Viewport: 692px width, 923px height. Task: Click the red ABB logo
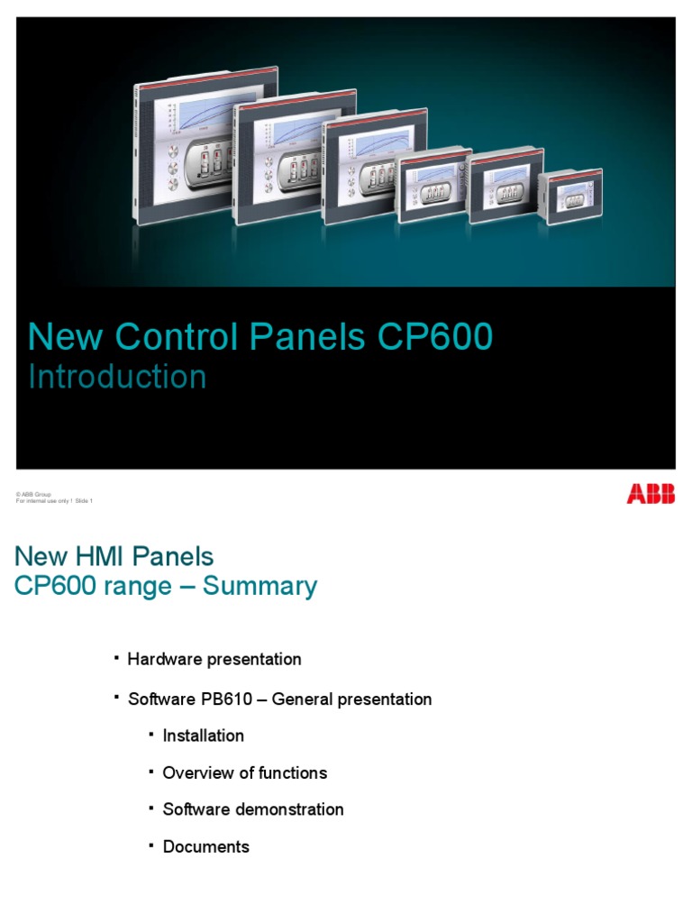(x=651, y=494)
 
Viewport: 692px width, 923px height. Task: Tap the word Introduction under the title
(x=117, y=377)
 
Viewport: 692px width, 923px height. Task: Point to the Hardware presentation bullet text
(x=214, y=659)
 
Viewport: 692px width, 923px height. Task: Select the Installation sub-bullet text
(x=203, y=736)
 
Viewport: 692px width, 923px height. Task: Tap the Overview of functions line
(x=244, y=772)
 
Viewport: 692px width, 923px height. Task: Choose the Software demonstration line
(x=252, y=809)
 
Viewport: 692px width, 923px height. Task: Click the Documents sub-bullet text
(x=205, y=846)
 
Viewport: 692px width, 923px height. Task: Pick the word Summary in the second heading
(x=259, y=586)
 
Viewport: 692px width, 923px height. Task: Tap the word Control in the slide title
(x=190, y=336)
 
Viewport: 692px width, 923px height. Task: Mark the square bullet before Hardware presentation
(x=117, y=659)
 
